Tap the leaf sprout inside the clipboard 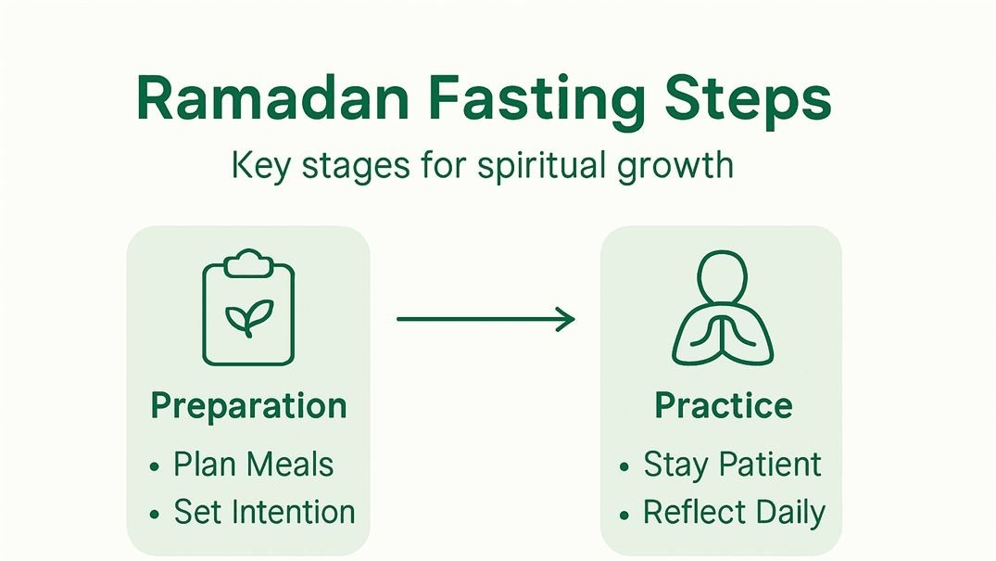248,315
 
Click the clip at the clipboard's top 248,262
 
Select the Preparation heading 248,406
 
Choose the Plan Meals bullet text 253,465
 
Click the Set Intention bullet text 264,512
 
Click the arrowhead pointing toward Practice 564,320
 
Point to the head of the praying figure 722,275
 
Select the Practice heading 723,406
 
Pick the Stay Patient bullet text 732,465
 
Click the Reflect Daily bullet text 734,512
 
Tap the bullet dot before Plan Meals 155,466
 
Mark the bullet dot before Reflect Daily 625,514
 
